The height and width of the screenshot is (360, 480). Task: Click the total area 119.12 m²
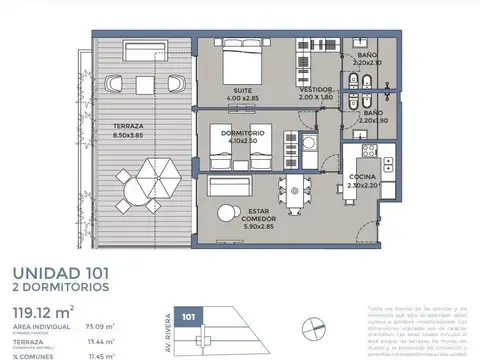coord(44,308)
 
